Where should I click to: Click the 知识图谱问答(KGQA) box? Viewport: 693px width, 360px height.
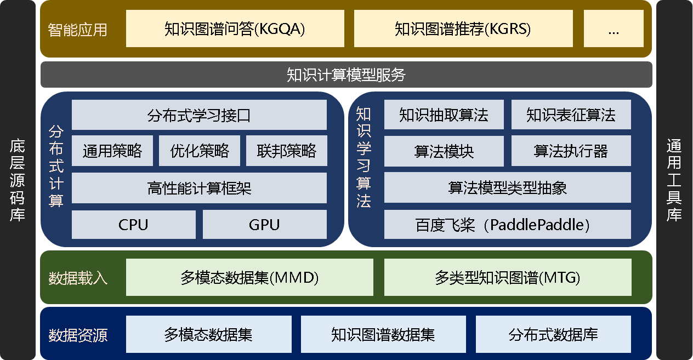tap(235, 28)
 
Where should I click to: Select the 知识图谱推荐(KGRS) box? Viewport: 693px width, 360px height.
tap(463, 28)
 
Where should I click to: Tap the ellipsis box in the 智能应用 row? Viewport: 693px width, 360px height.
tap(613, 28)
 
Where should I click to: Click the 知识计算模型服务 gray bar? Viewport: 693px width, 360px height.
tap(346, 75)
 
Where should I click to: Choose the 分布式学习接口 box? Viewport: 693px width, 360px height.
tap(199, 115)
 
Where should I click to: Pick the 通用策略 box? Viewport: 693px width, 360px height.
tap(112, 151)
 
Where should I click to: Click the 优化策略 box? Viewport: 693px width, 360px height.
tap(200, 151)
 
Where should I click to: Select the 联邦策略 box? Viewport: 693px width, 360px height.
tap(287, 151)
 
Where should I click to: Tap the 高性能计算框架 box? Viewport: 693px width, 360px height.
tap(199, 188)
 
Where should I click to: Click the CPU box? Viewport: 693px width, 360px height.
tap(133, 225)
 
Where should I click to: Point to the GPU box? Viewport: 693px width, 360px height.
tap(264, 225)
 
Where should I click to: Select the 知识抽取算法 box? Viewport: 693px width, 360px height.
tap(444, 115)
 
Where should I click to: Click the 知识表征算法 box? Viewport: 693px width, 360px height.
tap(571, 115)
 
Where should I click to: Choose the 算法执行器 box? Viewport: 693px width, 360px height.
tap(571, 151)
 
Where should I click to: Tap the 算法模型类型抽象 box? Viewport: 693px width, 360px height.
tap(507, 188)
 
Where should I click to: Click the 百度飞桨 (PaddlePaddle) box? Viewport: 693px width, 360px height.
tap(507, 225)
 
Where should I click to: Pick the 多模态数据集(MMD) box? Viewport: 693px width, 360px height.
tap(249, 278)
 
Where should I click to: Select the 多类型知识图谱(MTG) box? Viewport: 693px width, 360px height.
tap(507, 278)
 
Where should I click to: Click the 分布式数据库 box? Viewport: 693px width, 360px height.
tap(553, 334)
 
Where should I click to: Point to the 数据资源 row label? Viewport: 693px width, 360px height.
tap(78, 335)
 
